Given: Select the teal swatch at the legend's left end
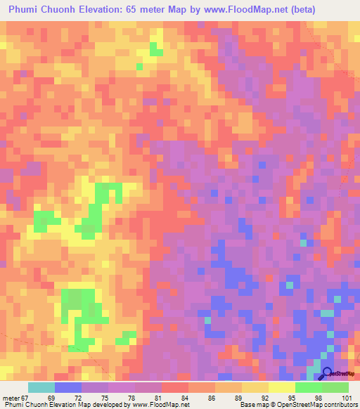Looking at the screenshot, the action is coord(41,387).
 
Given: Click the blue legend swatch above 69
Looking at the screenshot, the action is coord(68,387).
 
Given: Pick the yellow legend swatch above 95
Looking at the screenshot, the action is coord(282,387).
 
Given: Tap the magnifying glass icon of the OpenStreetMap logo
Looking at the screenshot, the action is coord(325,374).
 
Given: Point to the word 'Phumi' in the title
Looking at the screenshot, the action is coord(26,10).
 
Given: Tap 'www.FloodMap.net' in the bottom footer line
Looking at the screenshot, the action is coord(154,405).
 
